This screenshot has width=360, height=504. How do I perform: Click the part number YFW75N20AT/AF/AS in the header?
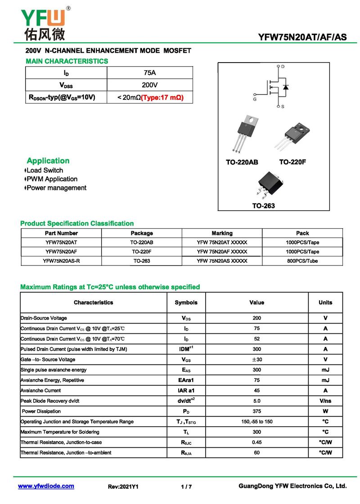302,37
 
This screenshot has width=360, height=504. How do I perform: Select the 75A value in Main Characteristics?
150,73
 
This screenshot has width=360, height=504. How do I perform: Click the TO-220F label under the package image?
292,162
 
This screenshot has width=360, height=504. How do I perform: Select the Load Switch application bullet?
45,171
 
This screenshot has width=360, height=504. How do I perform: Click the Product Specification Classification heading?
77,224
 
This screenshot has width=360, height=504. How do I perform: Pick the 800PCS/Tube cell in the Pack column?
302,261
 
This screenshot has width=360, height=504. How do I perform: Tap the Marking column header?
222,233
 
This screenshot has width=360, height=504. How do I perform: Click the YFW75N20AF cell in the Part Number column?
61,252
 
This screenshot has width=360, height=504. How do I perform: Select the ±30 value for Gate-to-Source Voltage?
256,360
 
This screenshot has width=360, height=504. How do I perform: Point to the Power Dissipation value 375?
256,411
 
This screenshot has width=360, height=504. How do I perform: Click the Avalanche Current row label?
41,391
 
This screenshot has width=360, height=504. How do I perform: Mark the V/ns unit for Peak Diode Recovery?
325,401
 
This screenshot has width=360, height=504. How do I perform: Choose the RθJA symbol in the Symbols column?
186,453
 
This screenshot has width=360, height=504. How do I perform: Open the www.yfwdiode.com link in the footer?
46,486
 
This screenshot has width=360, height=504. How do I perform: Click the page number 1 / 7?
186,486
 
